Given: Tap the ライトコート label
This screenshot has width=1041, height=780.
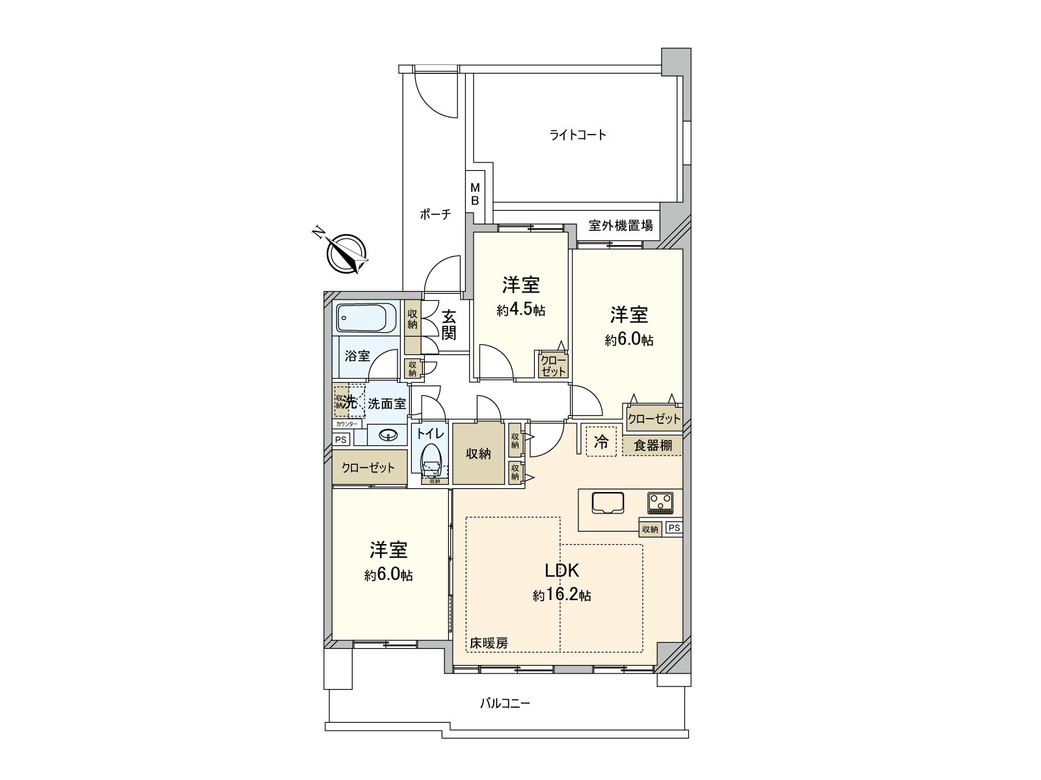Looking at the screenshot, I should (x=578, y=135).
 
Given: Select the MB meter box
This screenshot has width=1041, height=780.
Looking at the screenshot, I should (x=475, y=194).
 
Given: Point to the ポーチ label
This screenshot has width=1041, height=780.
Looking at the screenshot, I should (x=435, y=214).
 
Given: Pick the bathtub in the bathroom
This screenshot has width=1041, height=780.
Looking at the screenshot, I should (x=366, y=318).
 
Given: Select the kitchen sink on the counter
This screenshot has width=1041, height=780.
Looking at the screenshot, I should (x=608, y=503).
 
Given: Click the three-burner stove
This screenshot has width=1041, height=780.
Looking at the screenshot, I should (x=660, y=502).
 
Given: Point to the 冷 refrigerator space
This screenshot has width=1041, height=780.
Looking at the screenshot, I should (x=601, y=442).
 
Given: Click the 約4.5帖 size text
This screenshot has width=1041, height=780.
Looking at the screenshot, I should (x=520, y=311).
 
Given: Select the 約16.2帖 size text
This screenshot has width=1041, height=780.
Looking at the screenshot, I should (x=561, y=595).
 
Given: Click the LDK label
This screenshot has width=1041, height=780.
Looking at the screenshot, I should (x=561, y=571).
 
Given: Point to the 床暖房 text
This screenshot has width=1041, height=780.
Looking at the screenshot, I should (x=489, y=643).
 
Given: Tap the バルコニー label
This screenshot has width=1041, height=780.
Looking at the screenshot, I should (x=505, y=703).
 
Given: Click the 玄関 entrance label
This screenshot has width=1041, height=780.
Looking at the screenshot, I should (x=449, y=325).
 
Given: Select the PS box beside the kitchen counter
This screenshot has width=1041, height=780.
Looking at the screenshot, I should (x=673, y=528).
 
